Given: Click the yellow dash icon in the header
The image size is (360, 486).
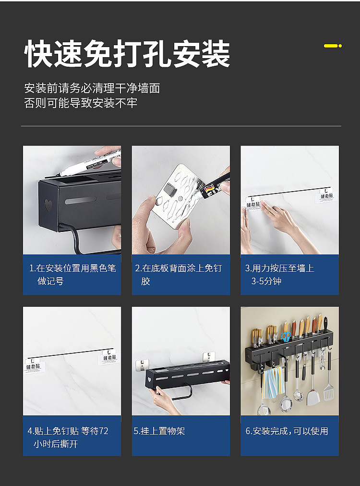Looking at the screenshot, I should pos(332,46).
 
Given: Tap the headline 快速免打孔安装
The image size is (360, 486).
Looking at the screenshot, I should pos(127,54).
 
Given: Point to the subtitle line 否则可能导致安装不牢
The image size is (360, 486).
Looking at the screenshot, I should pos(81,103).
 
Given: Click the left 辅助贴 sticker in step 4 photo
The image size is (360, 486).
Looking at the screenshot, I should pos(35,367).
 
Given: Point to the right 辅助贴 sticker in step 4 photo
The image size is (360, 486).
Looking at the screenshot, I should pos(109,358).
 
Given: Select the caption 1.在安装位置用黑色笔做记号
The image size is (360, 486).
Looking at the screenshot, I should pos(72,275).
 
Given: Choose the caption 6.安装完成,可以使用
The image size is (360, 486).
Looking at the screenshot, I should pos(287,431).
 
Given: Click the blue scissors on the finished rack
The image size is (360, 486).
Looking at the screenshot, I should pos(286,337).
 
